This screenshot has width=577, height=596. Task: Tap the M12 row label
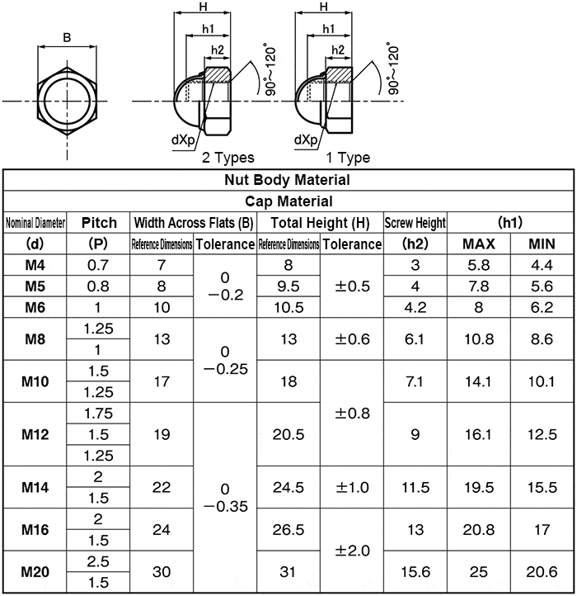tap(35, 434)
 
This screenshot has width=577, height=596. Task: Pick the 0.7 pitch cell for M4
tap(97, 265)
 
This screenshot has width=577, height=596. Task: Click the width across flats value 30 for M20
tap(162, 572)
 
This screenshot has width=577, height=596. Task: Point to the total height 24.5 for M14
tap(288, 488)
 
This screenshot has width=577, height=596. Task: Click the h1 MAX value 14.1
tap(478, 381)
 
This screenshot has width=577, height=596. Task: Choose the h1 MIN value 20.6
tap(542, 572)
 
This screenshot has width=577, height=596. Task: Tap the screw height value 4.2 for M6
tap(415, 307)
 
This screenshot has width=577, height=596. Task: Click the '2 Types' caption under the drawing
tap(228, 158)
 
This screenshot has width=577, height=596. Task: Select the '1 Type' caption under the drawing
tap(348, 158)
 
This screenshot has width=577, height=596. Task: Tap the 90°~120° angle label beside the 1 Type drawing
tap(392, 70)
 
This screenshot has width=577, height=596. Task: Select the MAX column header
tap(478, 244)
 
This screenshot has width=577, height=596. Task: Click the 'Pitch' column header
tap(97, 222)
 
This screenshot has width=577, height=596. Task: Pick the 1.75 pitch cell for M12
tap(97, 413)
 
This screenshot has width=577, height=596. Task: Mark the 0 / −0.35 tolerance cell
tap(225, 498)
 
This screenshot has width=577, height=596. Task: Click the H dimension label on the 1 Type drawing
tap(324, 7)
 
